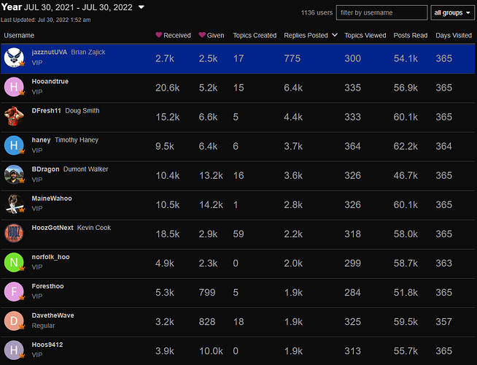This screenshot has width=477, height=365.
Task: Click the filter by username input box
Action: [381, 13]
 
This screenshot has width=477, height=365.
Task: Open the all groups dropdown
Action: [452, 13]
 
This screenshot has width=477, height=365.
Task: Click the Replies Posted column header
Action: [306, 35]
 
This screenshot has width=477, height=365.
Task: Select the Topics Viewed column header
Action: [365, 35]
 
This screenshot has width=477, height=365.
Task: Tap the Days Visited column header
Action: [454, 35]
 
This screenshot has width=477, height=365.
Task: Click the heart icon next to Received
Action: [158, 35]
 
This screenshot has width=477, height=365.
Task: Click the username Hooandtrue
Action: [50, 81]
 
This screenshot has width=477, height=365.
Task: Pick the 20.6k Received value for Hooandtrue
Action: [167, 88]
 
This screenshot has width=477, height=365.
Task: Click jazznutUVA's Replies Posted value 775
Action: [292, 58]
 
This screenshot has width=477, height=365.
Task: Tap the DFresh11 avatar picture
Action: [14, 116]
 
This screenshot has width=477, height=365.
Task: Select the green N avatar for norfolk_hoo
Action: [14, 262]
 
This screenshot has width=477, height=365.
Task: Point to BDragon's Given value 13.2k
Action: [211, 175]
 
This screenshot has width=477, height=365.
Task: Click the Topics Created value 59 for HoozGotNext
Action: [238, 234]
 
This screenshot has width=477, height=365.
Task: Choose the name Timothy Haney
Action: [77, 139]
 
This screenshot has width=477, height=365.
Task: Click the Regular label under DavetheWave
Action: [43, 326]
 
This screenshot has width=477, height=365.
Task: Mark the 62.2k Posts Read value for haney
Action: [406, 146]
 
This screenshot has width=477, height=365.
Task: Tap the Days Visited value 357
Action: [443, 322]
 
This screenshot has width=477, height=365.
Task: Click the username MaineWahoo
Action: [52, 198]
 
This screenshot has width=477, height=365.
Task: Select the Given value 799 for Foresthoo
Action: [207, 293]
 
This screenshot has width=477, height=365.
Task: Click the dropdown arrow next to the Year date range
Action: [141, 7]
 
